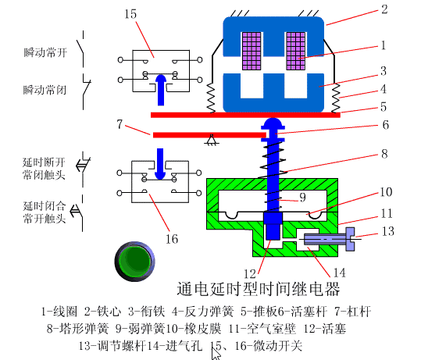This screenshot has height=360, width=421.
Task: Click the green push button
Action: (134, 261)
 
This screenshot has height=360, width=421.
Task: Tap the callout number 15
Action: (130, 14)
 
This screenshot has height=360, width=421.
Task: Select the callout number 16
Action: (172, 239)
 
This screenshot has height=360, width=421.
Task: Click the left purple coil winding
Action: (252, 51)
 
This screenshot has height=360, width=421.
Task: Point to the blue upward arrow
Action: (161, 90)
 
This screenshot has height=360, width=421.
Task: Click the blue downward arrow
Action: (160, 164)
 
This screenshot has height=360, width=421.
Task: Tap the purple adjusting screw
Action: (330, 239)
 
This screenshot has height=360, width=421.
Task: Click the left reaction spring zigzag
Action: (211, 98)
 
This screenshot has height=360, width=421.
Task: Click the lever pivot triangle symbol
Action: (212, 140)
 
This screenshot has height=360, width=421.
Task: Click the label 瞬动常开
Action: (45, 52)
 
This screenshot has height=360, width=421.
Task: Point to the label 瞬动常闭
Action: (45, 90)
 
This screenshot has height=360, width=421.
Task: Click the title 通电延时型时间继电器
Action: (259, 289)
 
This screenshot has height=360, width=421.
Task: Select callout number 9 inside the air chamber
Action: (302, 198)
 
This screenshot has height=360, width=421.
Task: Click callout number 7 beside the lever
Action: (120, 124)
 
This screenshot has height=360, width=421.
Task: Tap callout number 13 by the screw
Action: (388, 231)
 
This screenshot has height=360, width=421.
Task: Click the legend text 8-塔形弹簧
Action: (78, 329)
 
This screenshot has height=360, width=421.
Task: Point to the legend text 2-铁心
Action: (102, 312)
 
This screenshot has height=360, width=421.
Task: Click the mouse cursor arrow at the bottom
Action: (216, 353)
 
